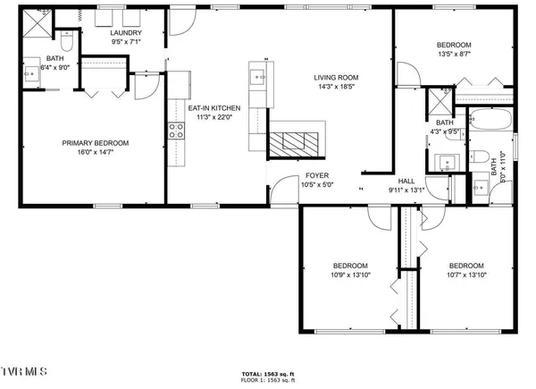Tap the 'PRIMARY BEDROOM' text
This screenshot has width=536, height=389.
pyautogui.click(x=96, y=143)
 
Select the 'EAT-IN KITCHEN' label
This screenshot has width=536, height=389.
pyautogui.click(x=212, y=108)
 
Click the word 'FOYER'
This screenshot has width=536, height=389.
pyautogui.click(x=317, y=176)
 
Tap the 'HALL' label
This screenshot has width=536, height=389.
pyautogui.click(x=406, y=180)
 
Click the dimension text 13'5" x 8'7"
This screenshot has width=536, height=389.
pyautogui.click(x=454, y=55)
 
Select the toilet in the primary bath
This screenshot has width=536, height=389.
pyautogui.click(x=66, y=42)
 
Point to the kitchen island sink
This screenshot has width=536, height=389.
pyautogui.click(x=257, y=77)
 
